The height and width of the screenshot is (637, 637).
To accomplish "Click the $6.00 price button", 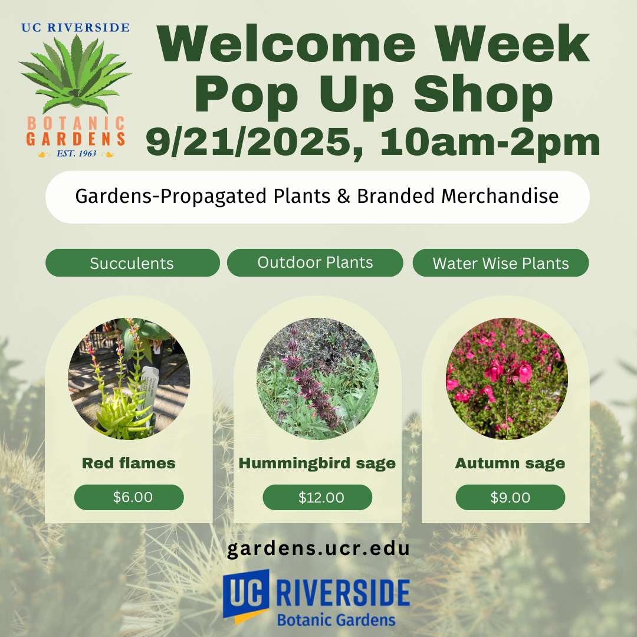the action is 129,497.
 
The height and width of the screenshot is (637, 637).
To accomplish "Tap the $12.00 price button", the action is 317,497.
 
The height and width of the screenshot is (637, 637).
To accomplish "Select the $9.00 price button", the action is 510,497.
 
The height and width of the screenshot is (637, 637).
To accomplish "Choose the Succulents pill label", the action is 133,263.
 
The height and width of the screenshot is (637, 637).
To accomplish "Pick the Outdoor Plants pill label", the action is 315,263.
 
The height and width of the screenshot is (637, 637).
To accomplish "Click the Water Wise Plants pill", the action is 501,263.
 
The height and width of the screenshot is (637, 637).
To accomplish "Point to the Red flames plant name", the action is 129,463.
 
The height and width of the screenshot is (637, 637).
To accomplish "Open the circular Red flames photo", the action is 129,379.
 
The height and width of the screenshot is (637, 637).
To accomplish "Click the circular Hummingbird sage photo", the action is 317,379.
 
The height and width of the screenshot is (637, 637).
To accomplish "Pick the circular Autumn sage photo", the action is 507,379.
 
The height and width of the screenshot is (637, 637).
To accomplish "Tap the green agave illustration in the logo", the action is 75,73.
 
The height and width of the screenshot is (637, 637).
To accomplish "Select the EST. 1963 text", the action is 76,153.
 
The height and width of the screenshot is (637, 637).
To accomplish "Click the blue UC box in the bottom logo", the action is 246,595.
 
